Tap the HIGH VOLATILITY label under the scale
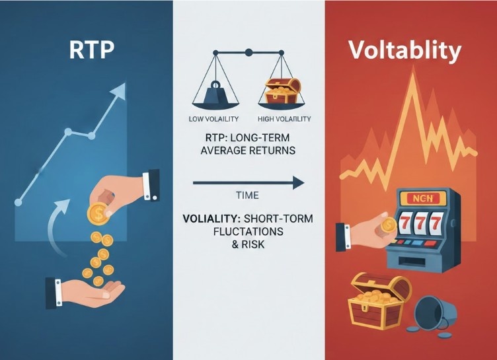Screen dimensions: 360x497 pyautogui.click(x=284, y=119)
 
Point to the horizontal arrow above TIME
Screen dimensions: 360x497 pyautogui.click(x=249, y=180)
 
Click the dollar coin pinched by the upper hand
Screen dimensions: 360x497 pyautogui.click(x=98, y=213)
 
